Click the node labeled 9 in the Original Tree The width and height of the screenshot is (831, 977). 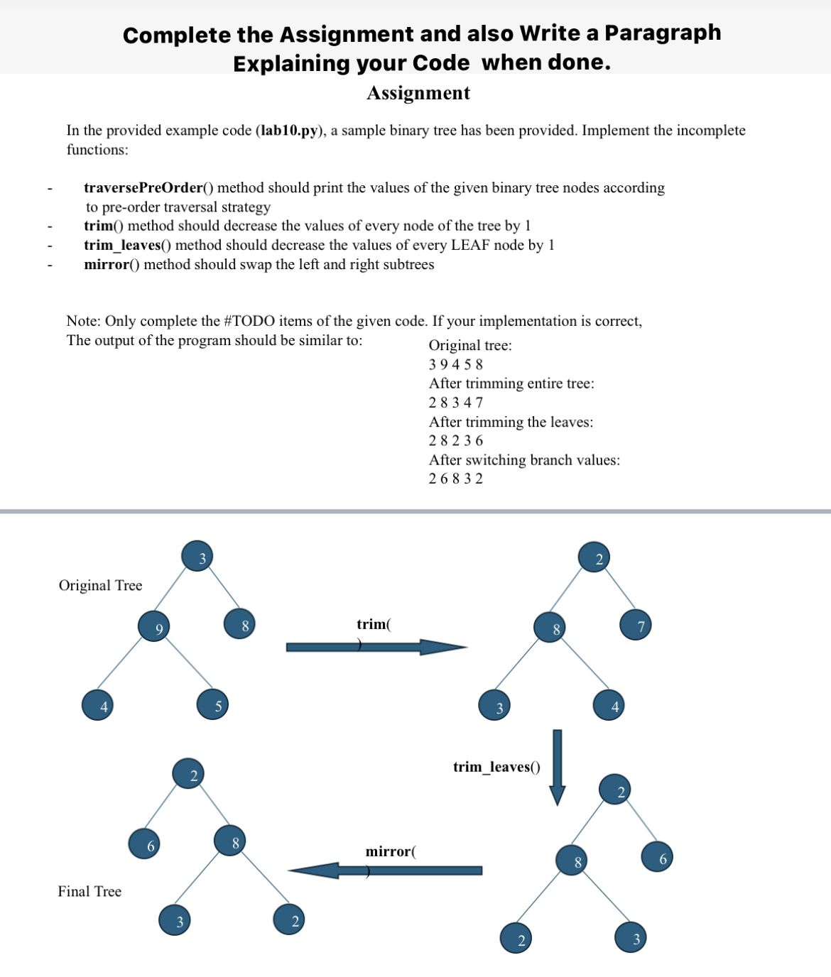point(156,627)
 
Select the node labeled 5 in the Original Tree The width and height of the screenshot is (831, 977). point(213,704)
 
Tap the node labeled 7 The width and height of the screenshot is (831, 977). point(636,626)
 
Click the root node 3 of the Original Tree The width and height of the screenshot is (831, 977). point(199,557)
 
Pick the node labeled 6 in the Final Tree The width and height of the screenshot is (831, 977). point(146,844)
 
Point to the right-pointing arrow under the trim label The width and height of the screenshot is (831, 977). point(376,647)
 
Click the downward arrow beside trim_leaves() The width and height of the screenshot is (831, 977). point(558,767)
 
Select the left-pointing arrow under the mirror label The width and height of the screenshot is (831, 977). point(385,870)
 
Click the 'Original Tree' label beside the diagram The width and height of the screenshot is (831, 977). point(100,586)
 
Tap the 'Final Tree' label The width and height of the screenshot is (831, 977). point(89,892)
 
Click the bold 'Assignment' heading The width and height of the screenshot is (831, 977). point(418,94)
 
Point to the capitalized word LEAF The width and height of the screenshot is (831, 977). point(470,245)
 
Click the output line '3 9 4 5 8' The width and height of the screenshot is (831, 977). point(456,364)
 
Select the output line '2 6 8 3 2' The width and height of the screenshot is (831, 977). point(456,479)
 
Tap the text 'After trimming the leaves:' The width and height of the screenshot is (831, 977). point(511,422)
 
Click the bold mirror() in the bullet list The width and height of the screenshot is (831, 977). point(112,264)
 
